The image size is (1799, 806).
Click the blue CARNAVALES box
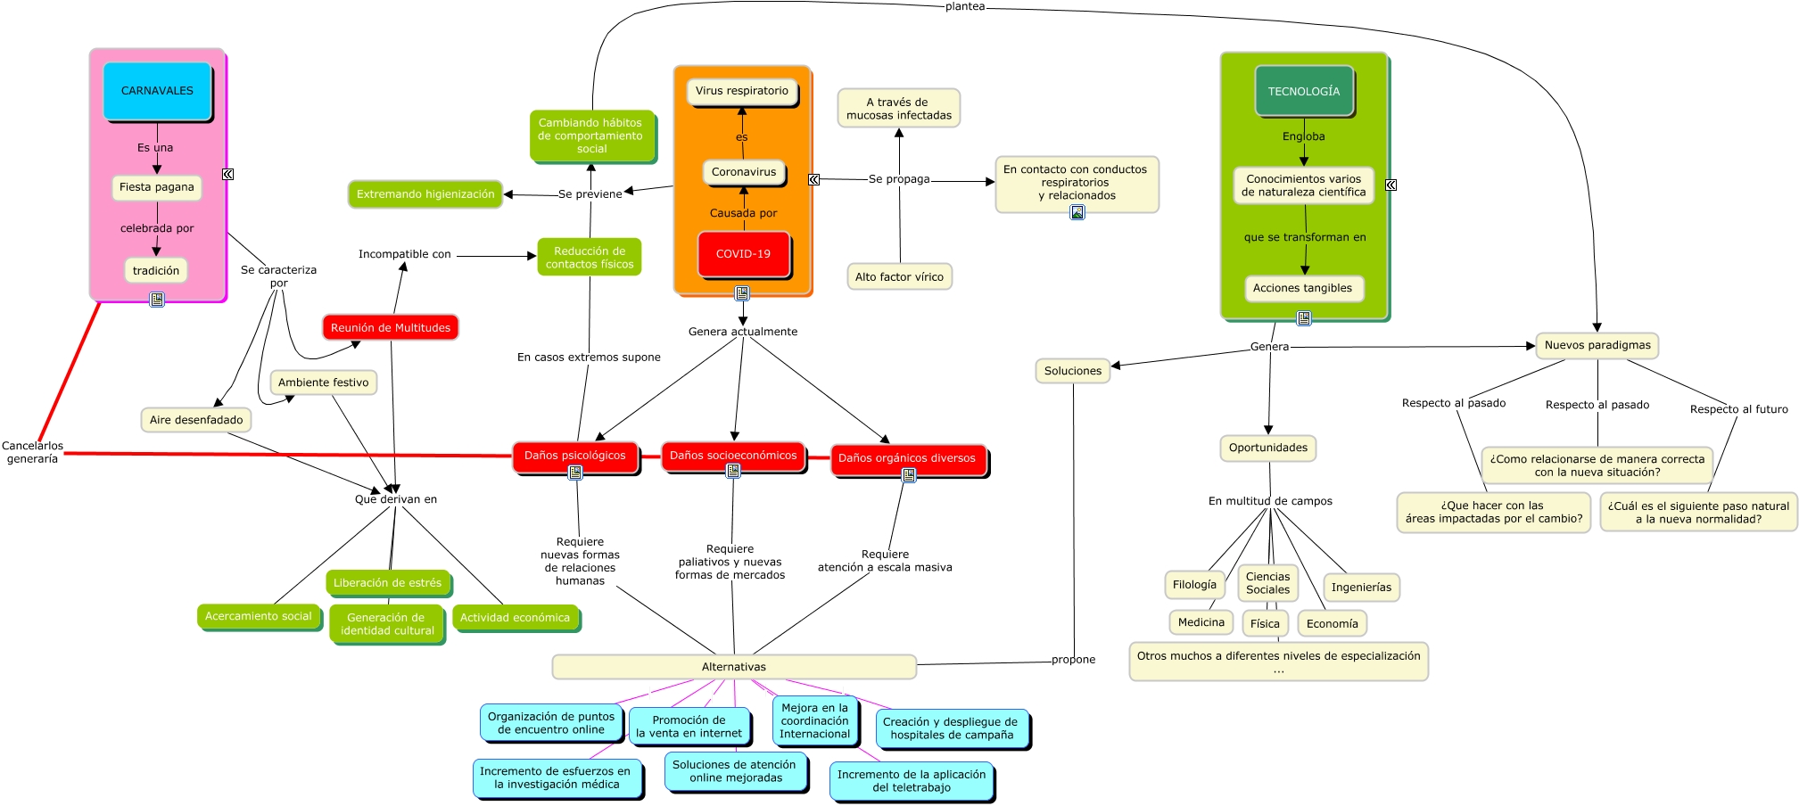[x=157, y=91]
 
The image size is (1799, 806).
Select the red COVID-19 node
[x=743, y=254]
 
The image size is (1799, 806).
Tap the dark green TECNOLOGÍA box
[x=1303, y=92]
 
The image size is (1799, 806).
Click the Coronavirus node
[x=743, y=172]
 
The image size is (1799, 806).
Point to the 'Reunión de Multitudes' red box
[x=391, y=328]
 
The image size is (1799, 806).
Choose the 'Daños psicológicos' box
[x=574, y=456]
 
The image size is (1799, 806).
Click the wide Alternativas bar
[x=733, y=667]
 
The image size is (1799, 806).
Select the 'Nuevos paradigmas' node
[x=1597, y=346]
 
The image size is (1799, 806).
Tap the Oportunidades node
[x=1267, y=448]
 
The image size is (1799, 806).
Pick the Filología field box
[x=1193, y=585]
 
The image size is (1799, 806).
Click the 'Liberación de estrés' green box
[x=387, y=583]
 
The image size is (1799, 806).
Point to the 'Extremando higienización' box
[x=425, y=194]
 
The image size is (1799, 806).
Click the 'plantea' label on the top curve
[x=965, y=6]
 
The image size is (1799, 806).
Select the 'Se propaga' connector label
[x=899, y=179]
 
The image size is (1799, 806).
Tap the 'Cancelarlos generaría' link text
[x=32, y=452]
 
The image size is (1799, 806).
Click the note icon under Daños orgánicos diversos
[x=909, y=475]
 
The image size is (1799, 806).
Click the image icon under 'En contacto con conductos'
[x=1077, y=212]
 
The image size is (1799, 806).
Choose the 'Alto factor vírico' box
[x=899, y=277]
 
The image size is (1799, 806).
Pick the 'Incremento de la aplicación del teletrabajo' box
[x=911, y=781]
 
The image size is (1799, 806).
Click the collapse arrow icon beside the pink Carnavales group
[x=228, y=175]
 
